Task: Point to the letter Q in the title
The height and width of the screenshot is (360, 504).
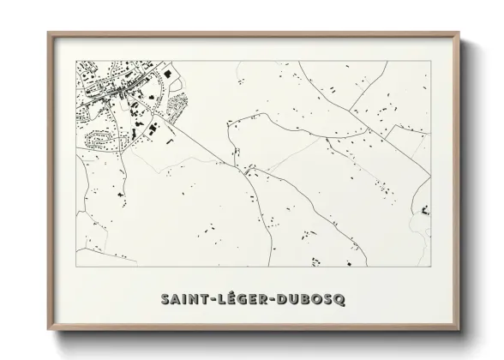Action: [x=339, y=299]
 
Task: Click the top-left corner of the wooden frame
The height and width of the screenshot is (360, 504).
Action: [x=48, y=33]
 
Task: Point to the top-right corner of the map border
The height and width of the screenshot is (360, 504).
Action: [x=429, y=59]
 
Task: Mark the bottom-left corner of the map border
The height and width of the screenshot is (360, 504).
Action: [x=76, y=266]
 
